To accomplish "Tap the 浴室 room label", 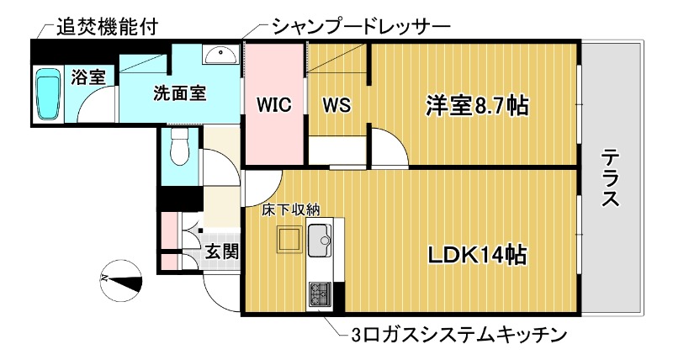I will coord(88,77).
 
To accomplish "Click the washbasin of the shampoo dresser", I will coord(221,54).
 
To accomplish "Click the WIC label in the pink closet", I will coord(273,105).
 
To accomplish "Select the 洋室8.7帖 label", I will coord(476,105).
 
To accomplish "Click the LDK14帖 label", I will coord(477,254).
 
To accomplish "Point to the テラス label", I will coord(611,178).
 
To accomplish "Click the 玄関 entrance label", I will coord(223,251).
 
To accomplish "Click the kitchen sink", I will coord(320,241).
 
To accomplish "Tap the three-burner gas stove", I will coord(321,294).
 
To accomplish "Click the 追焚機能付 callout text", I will coord(106,27).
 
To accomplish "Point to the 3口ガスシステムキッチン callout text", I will coord(455,335).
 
